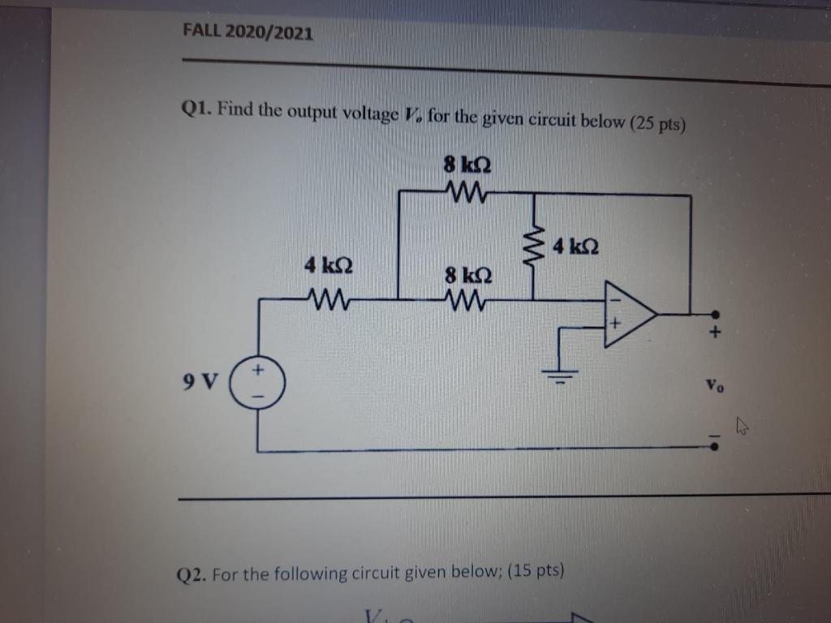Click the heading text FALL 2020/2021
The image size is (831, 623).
click(248, 33)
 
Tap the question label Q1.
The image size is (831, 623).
click(196, 108)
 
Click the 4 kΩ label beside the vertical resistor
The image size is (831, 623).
click(575, 245)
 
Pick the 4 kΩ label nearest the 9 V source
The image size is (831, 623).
click(322, 265)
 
